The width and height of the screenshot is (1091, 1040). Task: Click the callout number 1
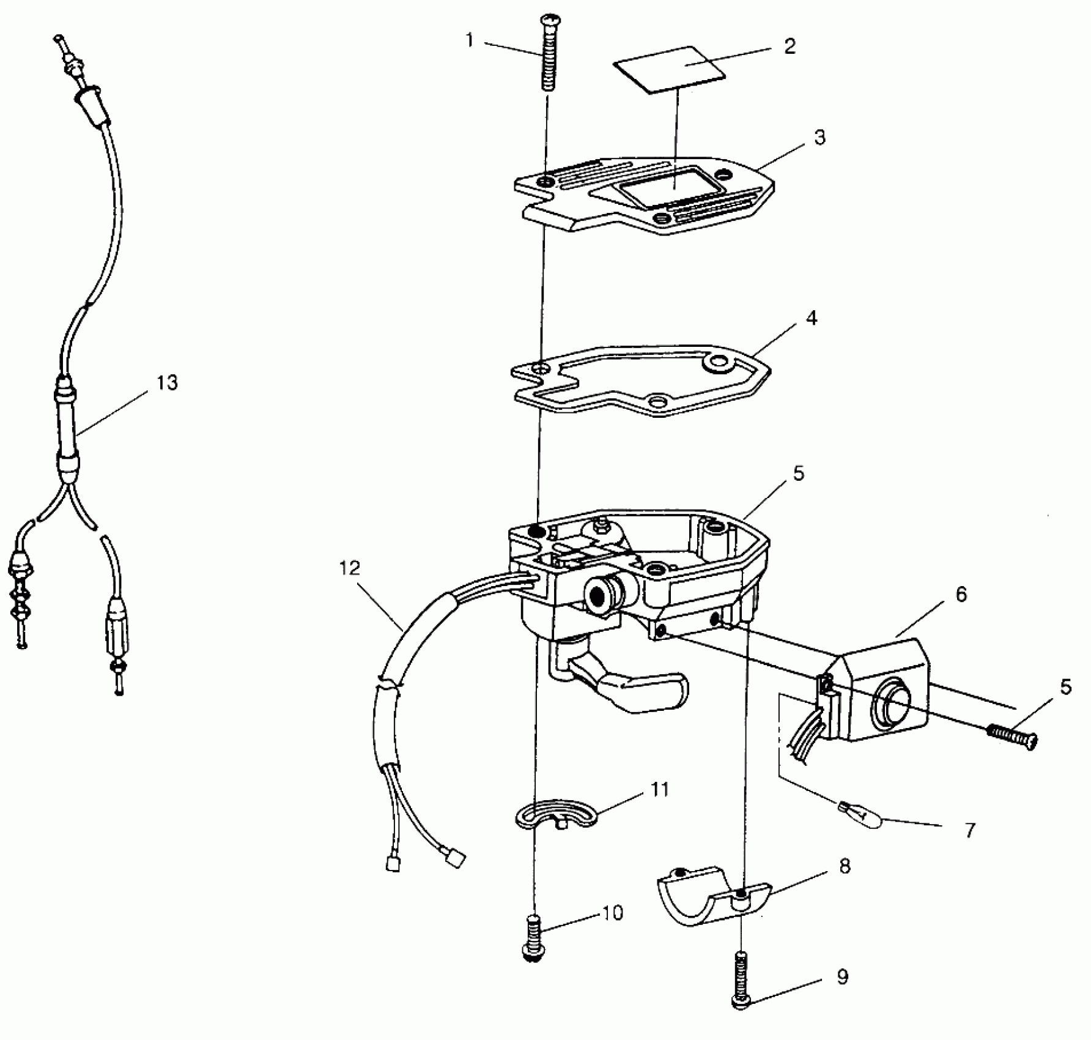click(469, 40)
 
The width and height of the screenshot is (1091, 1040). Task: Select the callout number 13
click(166, 382)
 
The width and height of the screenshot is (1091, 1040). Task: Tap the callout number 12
click(350, 568)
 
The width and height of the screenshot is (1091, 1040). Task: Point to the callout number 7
click(971, 830)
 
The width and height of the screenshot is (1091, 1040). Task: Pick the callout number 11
click(659, 789)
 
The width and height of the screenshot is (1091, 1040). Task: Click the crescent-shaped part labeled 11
click(553, 813)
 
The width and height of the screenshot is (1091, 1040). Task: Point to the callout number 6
click(961, 594)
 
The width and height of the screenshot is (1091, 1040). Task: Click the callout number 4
click(812, 318)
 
